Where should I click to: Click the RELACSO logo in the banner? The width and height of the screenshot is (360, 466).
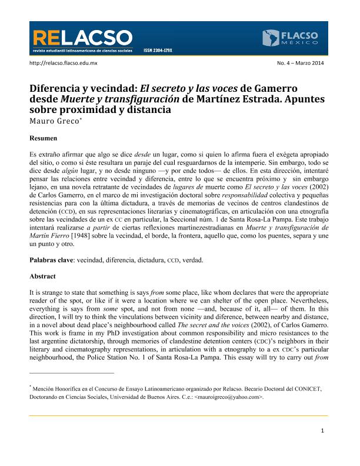pos(82,40)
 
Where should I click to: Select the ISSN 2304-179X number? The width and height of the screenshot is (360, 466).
pos(157,51)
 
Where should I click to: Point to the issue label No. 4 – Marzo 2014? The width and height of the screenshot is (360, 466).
pos(300,63)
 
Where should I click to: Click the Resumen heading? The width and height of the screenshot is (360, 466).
pos(44,138)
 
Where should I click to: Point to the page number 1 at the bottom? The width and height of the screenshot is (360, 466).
pos(323,431)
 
